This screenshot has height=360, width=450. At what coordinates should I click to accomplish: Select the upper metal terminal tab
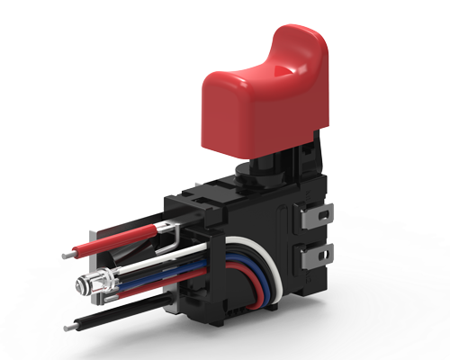319,216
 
